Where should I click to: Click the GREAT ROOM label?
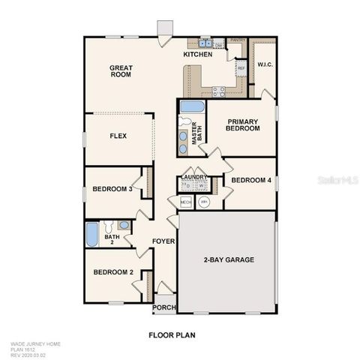[x=121, y=70]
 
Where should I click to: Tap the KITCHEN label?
[x=198, y=55]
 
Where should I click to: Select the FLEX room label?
[x=118, y=136]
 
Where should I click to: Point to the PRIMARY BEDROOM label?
[x=242, y=124]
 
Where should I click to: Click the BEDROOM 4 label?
[x=250, y=181]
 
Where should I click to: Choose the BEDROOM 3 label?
[x=112, y=189]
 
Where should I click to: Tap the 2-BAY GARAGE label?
[x=229, y=260]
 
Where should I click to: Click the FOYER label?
[x=163, y=241]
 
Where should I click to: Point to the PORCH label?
[x=163, y=307]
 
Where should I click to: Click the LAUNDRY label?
[x=193, y=176]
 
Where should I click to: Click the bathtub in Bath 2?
[x=91, y=234]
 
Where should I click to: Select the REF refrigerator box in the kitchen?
[x=241, y=68]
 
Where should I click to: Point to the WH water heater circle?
[x=204, y=202]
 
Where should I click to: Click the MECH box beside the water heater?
[x=186, y=202]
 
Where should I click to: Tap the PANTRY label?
[x=237, y=40]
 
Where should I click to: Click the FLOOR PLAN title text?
[x=172, y=334]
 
